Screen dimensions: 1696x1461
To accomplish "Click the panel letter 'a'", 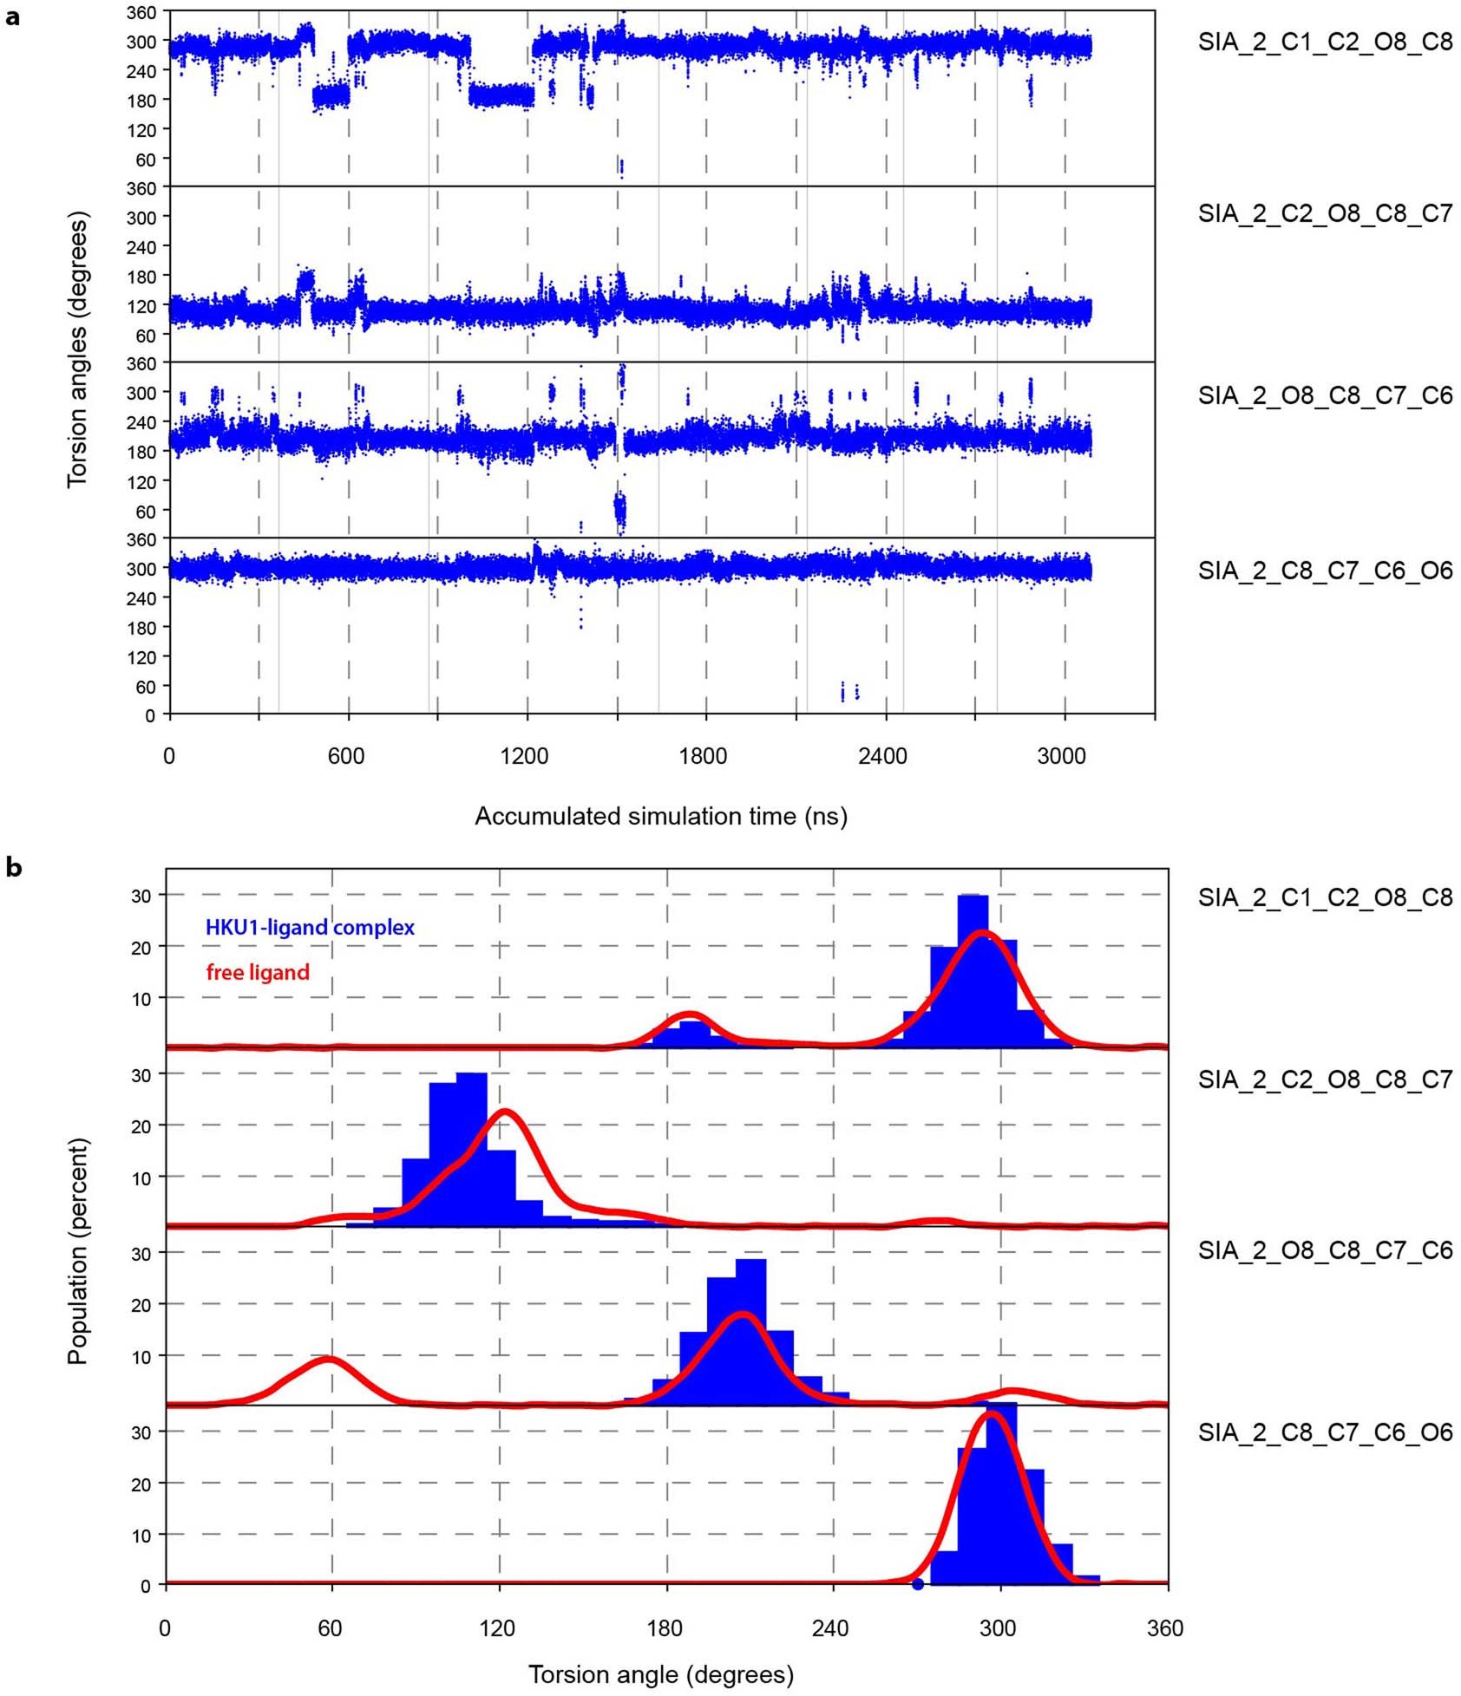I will [12, 16].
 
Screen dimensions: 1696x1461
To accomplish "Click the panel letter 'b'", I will [13, 866].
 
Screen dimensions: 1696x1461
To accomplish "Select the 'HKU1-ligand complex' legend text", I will [310, 927].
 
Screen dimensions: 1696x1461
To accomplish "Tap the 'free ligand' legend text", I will [258, 972].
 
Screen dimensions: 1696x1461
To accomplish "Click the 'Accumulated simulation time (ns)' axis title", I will [660, 816].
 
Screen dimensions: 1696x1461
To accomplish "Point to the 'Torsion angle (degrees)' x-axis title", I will [660, 1673].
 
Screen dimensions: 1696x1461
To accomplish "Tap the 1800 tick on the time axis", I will [702, 756].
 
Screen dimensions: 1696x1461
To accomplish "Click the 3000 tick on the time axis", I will [1060, 756].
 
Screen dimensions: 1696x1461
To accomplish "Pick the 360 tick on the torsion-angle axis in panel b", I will [1164, 1628].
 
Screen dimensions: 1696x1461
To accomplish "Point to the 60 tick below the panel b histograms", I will [330, 1628].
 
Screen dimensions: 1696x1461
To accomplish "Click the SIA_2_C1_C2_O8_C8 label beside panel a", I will [1325, 42].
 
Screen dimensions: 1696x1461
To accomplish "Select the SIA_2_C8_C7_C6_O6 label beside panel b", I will [1325, 1432].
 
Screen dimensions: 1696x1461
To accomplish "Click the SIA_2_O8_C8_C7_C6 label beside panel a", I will [1325, 395].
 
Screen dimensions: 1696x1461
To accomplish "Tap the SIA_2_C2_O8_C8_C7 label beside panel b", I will [1325, 1079].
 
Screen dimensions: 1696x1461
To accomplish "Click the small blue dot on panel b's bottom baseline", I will [918, 1584].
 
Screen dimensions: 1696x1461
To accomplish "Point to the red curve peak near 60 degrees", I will [327, 1359].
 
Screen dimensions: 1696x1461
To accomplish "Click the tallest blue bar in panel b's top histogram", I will [973, 971].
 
